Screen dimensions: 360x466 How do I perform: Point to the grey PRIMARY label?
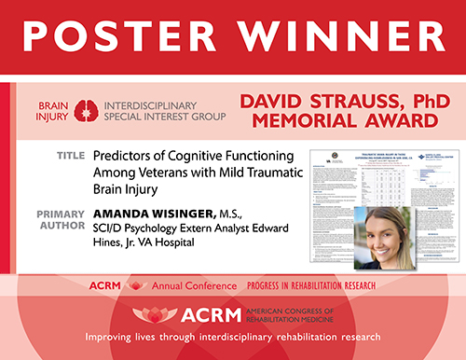(62, 213)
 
